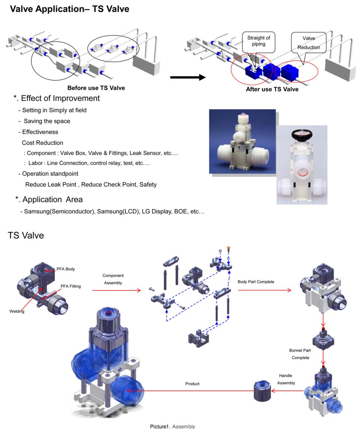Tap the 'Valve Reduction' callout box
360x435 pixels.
[309, 43]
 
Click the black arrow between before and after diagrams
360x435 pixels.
[187, 77]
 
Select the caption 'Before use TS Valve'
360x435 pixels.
[96, 88]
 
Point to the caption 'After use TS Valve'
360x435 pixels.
[272, 89]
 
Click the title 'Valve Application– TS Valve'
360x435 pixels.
[70, 9]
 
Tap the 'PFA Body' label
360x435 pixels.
[66, 269]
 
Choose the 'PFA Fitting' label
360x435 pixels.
[70, 286]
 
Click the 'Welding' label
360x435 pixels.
[17, 311]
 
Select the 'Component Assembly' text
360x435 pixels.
[113, 279]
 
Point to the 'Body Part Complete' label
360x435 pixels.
[256, 282]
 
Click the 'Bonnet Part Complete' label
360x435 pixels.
[300, 354]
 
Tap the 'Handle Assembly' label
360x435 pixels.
[286, 379]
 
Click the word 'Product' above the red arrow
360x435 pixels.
[192, 384]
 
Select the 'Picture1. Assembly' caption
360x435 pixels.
[173, 427]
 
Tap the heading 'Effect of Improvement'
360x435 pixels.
[60, 98]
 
